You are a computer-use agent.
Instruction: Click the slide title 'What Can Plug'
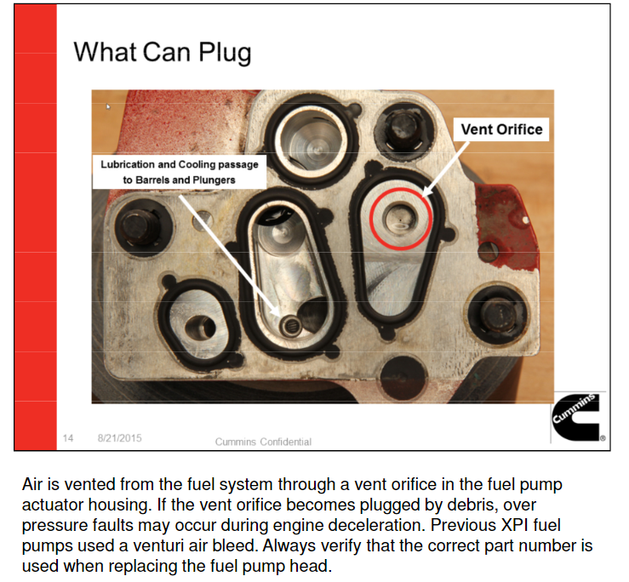point(163,53)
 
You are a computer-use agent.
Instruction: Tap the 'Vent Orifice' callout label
point(501,129)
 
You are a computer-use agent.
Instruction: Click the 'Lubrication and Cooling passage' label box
point(180,172)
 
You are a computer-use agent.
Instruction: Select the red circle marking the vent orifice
point(400,220)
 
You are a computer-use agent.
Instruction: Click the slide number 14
point(68,438)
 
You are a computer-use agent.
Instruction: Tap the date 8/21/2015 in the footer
point(119,438)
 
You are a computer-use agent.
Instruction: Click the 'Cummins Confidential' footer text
point(263,442)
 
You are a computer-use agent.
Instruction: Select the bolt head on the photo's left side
point(138,229)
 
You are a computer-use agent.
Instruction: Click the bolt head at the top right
point(403,128)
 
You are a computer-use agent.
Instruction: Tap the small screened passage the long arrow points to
point(291,326)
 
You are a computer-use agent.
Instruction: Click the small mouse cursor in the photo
point(108,106)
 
